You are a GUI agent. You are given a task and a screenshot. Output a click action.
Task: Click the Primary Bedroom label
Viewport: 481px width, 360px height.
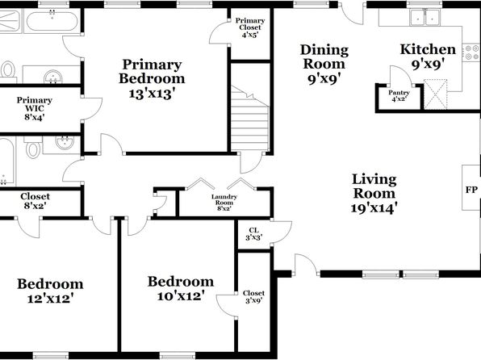coord(152,78)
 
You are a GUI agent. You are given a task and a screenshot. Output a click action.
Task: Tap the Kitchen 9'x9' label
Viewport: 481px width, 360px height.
coord(428,57)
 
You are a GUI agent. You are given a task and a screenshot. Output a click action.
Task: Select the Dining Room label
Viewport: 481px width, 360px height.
coord(324,64)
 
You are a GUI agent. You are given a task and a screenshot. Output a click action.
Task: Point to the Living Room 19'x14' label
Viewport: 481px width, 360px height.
coord(374,194)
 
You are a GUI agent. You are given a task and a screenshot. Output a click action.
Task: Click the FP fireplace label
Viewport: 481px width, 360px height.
coord(471,190)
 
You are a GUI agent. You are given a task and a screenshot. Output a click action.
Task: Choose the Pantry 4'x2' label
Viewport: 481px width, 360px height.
coord(399,95)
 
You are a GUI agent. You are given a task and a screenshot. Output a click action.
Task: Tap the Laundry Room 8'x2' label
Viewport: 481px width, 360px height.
coord(224,203)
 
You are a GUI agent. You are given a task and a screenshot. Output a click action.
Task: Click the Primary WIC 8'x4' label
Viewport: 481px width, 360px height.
coord(35,108)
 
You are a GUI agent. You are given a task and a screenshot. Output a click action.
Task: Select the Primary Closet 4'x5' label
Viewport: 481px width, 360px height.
coord(250,27)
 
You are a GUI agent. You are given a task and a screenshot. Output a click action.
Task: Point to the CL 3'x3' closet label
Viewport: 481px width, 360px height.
coord(253,233)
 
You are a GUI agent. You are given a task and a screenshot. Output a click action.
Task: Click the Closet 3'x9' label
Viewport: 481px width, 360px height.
coord(253,297)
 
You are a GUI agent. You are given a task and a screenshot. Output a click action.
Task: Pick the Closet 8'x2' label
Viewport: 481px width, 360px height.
coord(35,201)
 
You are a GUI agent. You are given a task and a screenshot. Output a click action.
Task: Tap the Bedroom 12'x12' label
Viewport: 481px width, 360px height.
coord(50,291)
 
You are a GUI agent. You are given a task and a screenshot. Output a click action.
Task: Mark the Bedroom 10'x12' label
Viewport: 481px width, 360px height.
coord(181,288)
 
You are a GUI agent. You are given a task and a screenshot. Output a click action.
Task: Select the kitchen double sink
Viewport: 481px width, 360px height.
coord(425,17)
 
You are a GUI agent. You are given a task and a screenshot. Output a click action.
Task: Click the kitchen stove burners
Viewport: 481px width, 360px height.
coord(472,52)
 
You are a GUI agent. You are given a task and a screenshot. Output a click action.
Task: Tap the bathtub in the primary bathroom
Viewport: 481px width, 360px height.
coord(52,20)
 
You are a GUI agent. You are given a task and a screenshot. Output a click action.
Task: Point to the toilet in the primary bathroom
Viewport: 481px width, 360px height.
coord(8,69)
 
